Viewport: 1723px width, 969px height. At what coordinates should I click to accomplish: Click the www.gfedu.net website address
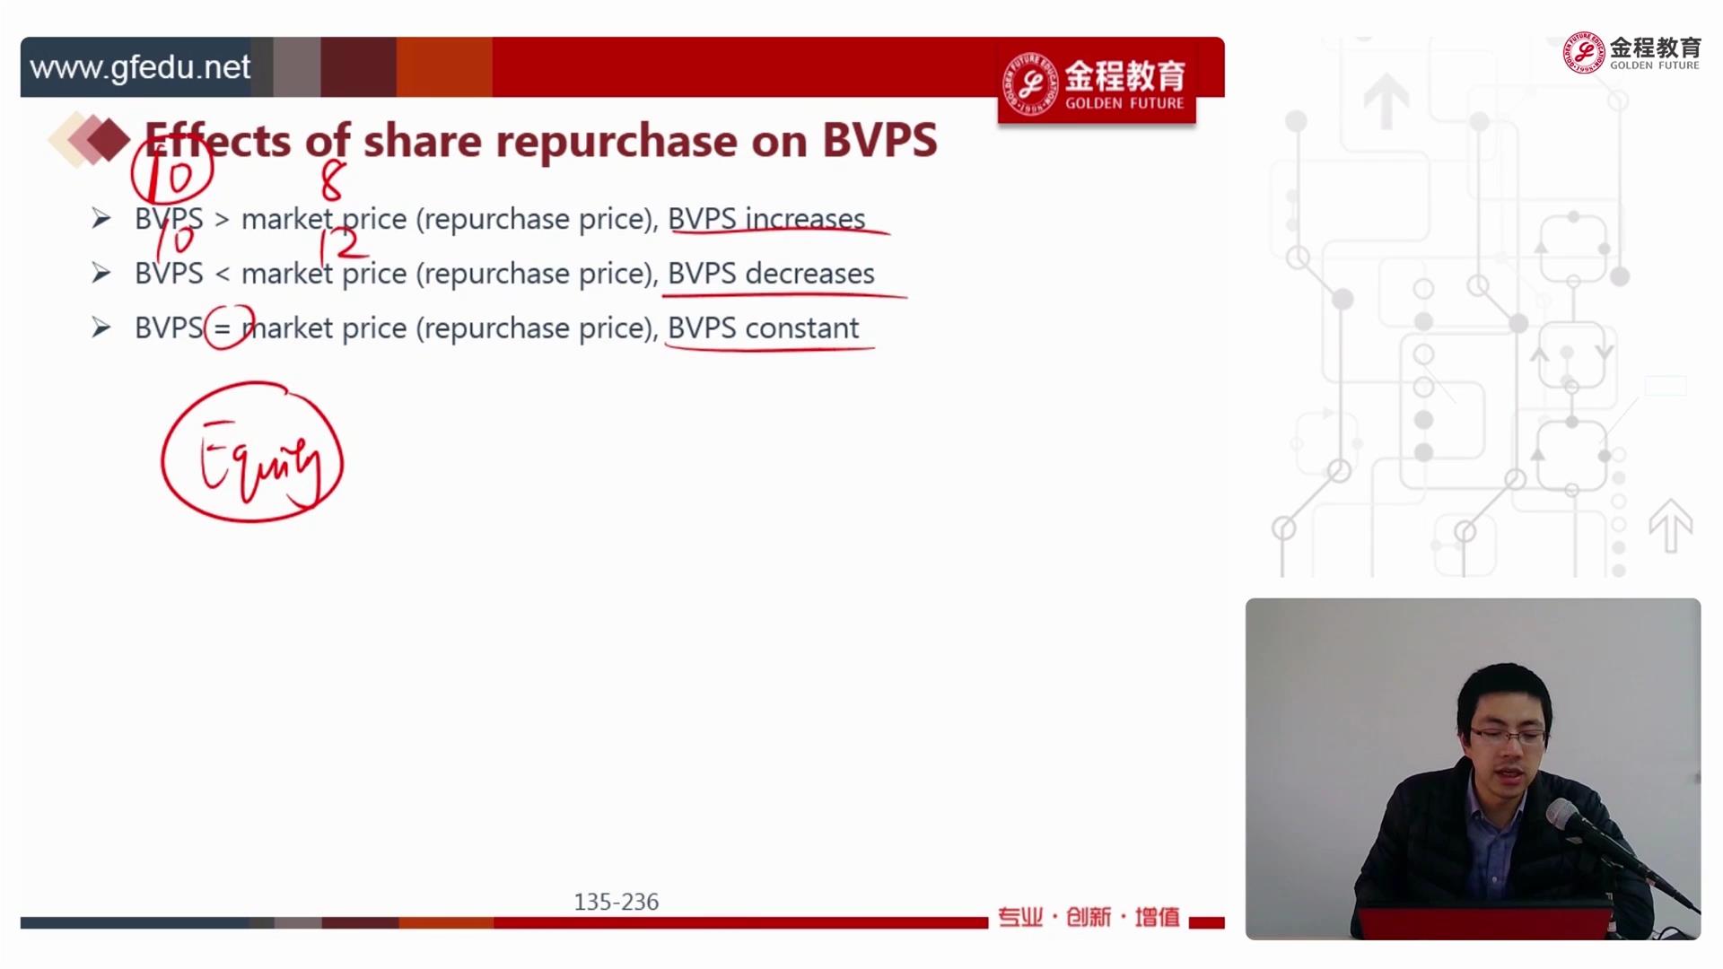[140, 67]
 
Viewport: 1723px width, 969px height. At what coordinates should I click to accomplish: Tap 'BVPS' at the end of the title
[879, 140]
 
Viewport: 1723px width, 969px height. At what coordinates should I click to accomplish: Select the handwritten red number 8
[332, 181]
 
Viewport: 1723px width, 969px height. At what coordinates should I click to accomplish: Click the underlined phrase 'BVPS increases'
[766, 219]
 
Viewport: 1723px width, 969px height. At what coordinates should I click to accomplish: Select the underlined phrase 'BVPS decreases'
[771, 274]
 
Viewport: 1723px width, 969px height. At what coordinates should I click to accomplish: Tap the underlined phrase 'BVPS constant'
[763, 328]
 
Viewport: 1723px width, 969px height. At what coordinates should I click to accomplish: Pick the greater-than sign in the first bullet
[222, 220]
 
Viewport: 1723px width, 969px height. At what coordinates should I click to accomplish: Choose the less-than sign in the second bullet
[222, 275]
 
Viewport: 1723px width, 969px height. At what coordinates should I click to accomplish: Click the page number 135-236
[617, 902]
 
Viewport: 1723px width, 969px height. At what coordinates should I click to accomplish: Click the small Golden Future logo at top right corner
[1632, 53]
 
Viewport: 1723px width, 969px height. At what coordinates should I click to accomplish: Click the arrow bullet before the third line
[101, 328]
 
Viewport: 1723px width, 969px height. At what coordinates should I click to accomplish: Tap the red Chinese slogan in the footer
[1089, 917]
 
